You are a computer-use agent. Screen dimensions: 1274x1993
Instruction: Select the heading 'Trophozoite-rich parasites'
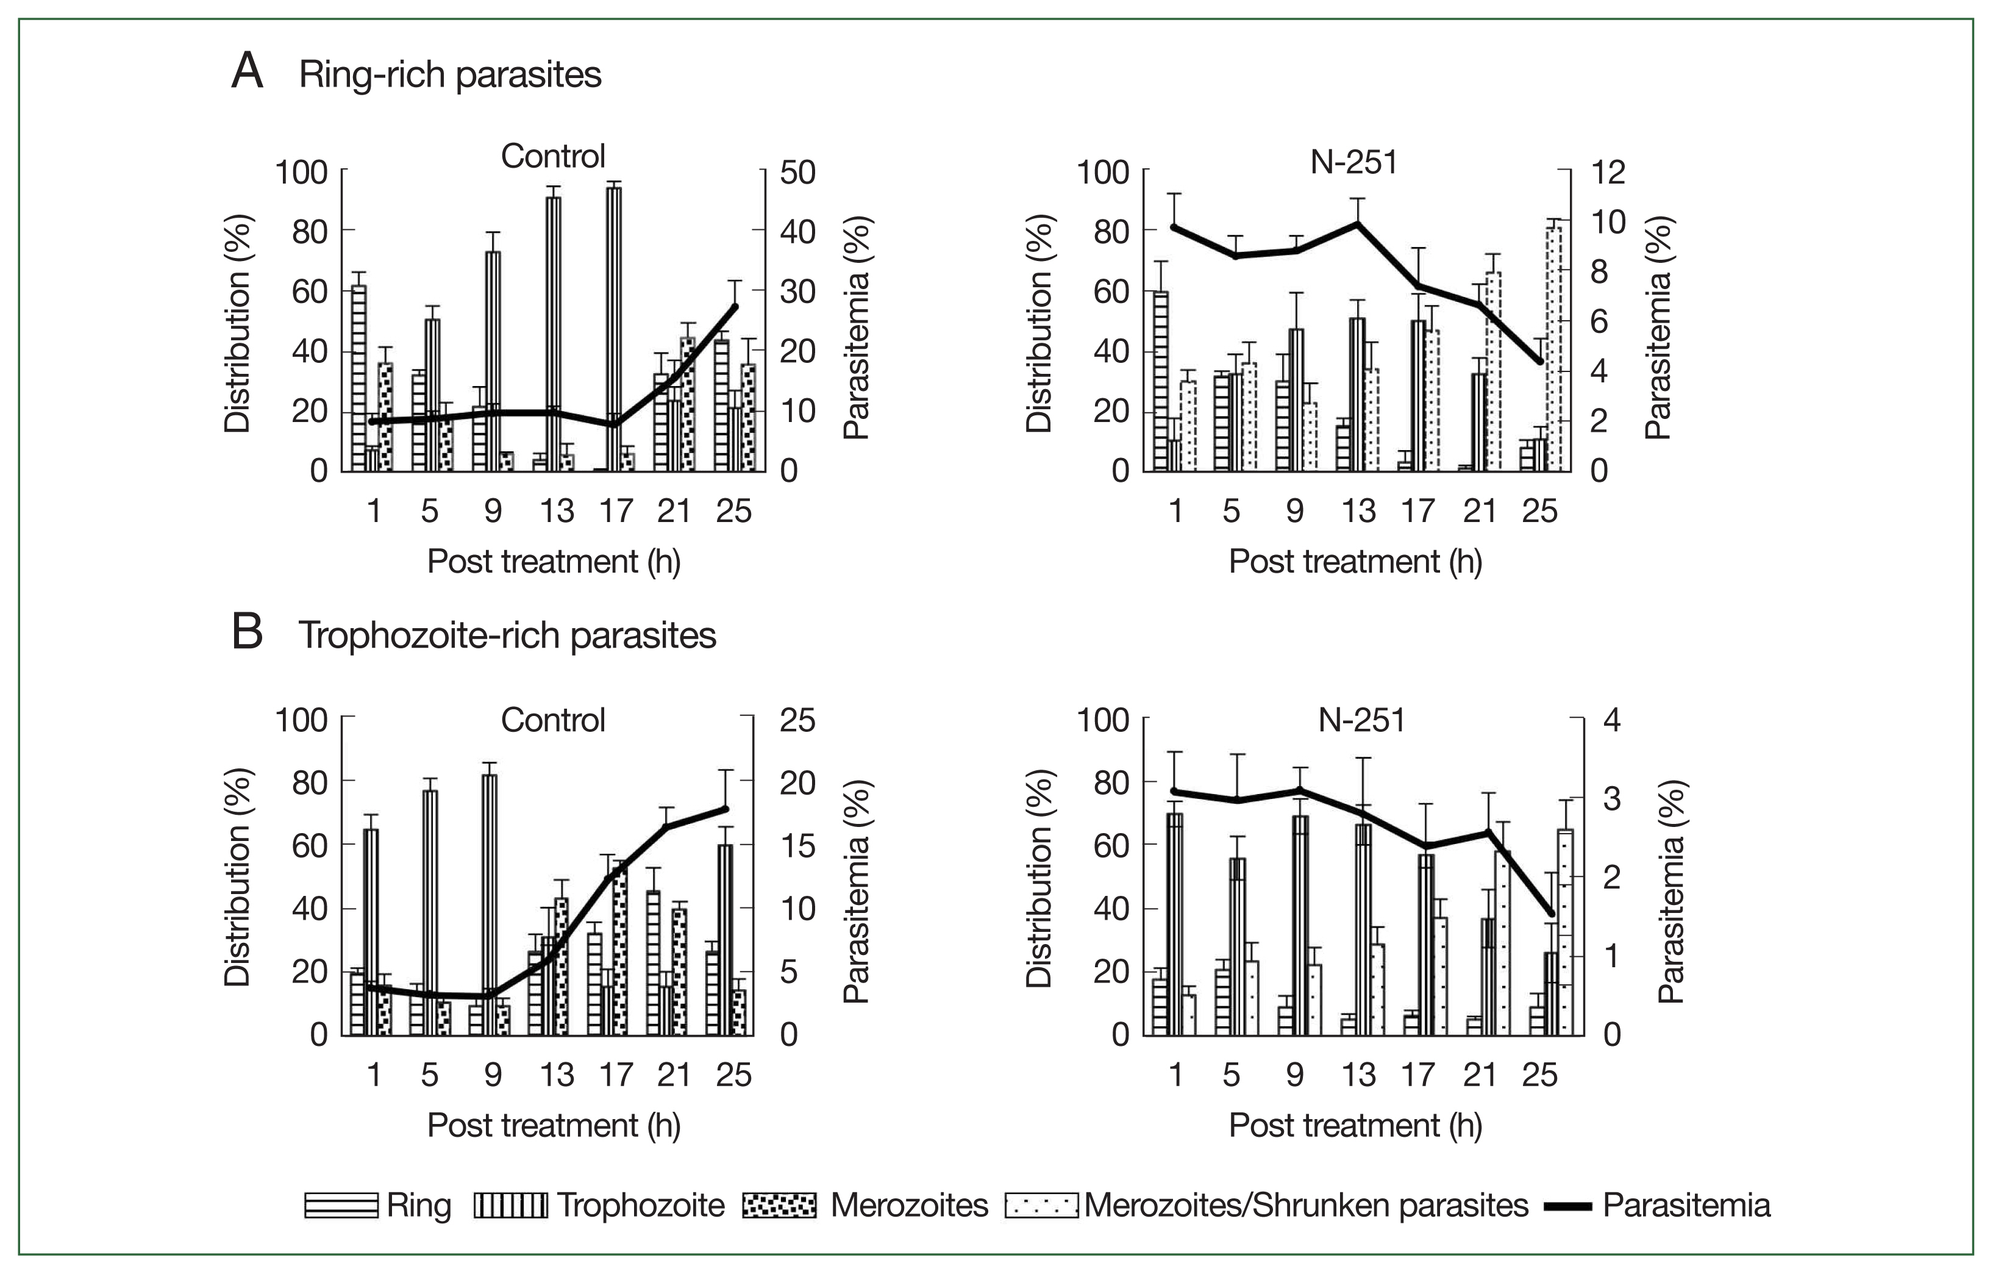(507, 635)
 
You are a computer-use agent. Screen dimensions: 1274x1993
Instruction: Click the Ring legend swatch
(341, 1205)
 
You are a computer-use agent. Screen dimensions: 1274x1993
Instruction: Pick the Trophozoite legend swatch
(510, 1205)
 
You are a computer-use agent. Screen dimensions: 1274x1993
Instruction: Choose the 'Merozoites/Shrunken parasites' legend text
(1306, 1205)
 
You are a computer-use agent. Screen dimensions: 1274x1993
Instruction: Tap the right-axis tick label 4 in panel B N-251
(1611, 720)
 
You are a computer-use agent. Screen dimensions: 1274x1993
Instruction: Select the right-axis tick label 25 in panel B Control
(797, 720)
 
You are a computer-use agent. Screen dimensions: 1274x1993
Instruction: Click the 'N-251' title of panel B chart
(1361, 720)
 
